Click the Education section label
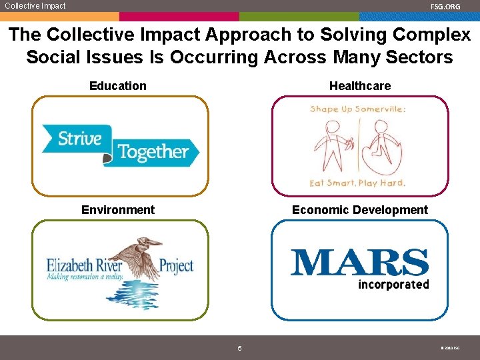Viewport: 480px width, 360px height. click(118, 86)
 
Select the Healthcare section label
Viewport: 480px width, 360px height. click(360, 86)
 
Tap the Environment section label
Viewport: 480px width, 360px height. click(118, 210)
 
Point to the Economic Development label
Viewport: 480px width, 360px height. click(360, 210)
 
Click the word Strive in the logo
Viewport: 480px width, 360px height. click(79, 139)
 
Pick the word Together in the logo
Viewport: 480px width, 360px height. click(153, 153)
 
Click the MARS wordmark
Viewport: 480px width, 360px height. click(359, 263)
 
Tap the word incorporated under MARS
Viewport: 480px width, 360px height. click(393, 285)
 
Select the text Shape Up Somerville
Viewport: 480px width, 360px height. click(358, 109)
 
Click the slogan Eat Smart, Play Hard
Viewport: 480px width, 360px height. click(358, 183)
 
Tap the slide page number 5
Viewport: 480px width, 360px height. click(240, 348)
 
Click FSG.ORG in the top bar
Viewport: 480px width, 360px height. click(445, 7)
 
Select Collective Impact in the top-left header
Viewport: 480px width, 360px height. click(35, 6)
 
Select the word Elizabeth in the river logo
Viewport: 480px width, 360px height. click(69, 265)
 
